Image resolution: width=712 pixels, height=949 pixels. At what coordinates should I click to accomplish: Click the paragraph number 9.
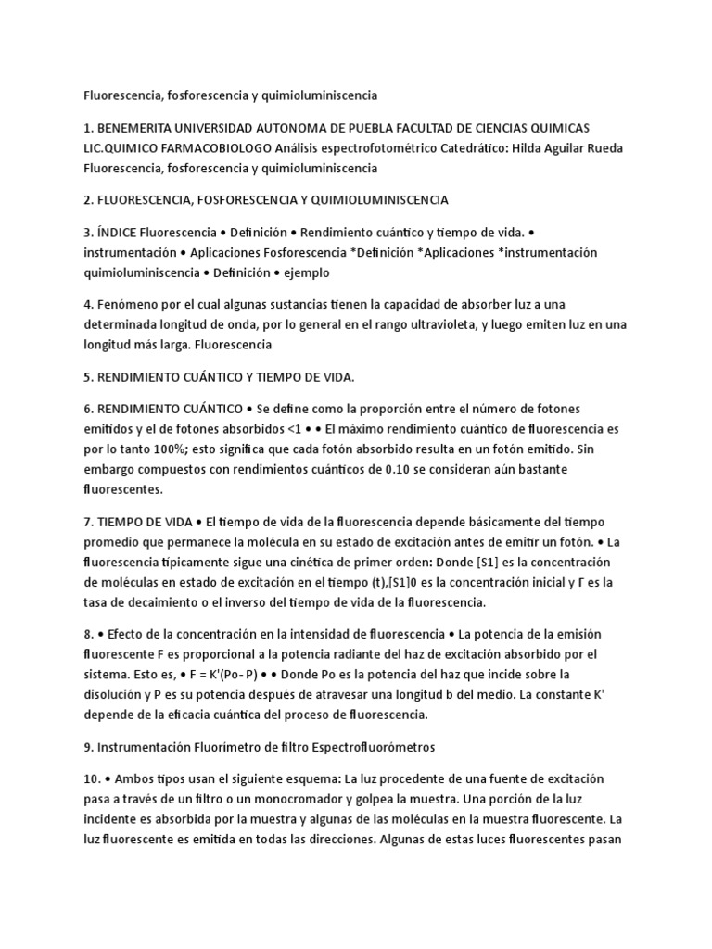[88, 746]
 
